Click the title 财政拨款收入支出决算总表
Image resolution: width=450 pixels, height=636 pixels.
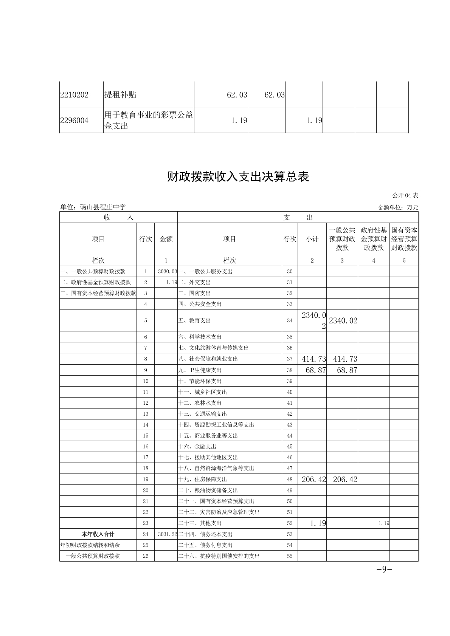pyautogui.click(x=238, y=177)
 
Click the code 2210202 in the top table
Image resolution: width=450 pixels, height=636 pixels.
pyautogui.click(x=74, y=95)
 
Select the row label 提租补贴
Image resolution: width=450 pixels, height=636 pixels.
pyautogui.click(x=120, y=95)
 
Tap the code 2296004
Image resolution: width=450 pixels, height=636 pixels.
pyautogui.click(x=74, y=121)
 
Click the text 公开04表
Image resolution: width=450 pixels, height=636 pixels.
pyautogui.click(x=405, y=195)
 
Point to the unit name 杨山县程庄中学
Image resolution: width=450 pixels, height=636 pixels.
pyautogui.click(x=93, y=207)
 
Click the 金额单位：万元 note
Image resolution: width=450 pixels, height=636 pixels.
pyautogui.click(x=398, y=207)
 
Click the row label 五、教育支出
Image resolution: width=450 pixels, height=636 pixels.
pyautogui.click(x=194, y=320)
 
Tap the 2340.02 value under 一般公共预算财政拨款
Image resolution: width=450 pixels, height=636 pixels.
pyautogui.click(x=343, y=320)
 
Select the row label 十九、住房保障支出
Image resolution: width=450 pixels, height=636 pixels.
pyautogui.click(x=202, y=480)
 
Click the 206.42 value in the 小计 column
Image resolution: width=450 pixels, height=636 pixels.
pyautogui.click(x=313, y=480)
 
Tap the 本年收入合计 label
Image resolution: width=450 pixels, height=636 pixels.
pyautogui.click(x=98, y=534)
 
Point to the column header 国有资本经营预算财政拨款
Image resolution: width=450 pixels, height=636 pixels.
pyautogui.click(x=404, y=239)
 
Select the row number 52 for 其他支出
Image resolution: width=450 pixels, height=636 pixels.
pyautogui.click(x=290, y=523)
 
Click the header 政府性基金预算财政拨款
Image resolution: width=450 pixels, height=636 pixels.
pyautogui.click(x=374, y=239)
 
